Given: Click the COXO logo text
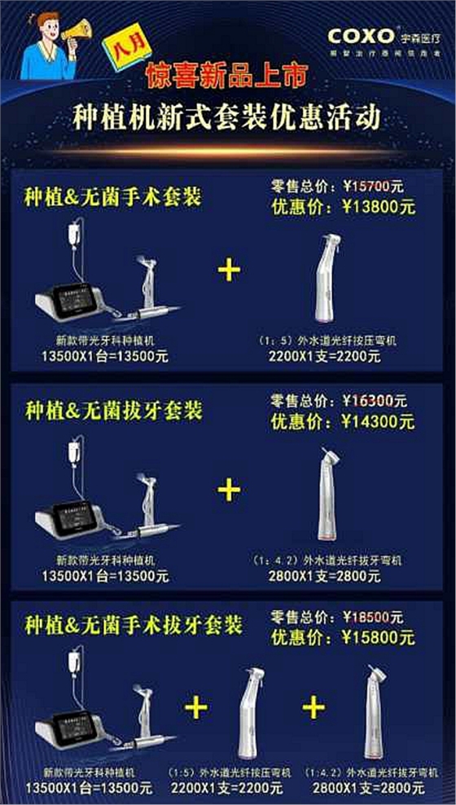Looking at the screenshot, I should [x=362, y=35].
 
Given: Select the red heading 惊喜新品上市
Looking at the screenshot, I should [x=215, y=77].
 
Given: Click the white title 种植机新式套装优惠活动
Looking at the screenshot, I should [x=227, y=117].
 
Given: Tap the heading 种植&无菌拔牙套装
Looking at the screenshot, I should [x=113, y=409].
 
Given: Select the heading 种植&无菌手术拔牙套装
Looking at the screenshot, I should [x=134, y=626].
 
